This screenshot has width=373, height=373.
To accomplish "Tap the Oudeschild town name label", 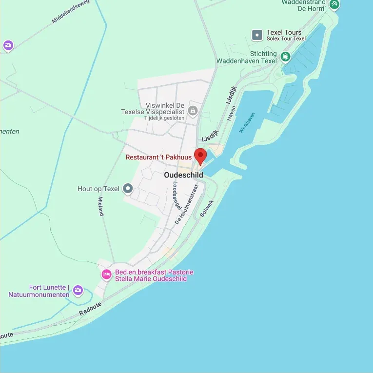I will click(x=183, y=175).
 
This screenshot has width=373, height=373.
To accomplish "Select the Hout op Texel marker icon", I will click(x=128, y=188).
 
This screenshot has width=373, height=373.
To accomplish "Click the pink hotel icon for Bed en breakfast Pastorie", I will click(x=106, y=275).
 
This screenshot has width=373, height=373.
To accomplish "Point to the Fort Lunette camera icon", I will click(x=78, y=291).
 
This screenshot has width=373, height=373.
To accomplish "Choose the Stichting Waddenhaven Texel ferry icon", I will click(x=285, y=58).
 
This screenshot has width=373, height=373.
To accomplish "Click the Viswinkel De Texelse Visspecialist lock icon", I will click(x=193, y=111).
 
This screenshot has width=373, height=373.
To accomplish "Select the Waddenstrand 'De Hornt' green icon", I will click(x=334, y=4).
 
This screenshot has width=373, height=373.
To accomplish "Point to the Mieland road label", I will click(x=101, y=206).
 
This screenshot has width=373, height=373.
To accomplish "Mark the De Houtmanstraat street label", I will click(x=186, y=204).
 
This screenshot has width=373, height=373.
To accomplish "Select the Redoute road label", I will click(x=90, y=308).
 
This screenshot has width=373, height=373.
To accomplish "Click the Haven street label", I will click(x=231, y=114).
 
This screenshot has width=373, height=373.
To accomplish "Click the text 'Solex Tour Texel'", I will click(x=286, y=39).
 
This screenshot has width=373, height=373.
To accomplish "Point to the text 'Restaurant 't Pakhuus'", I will click(x=158, y=157).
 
